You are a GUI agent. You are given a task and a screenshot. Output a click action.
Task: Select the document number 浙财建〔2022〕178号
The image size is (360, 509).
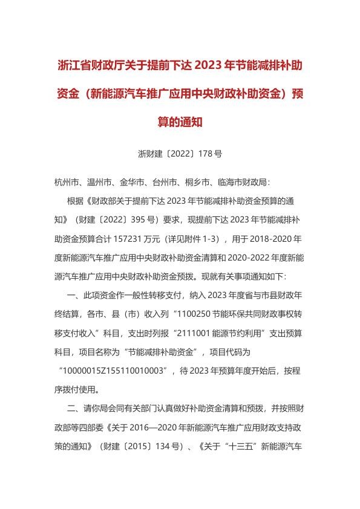(x=180, y=154)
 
